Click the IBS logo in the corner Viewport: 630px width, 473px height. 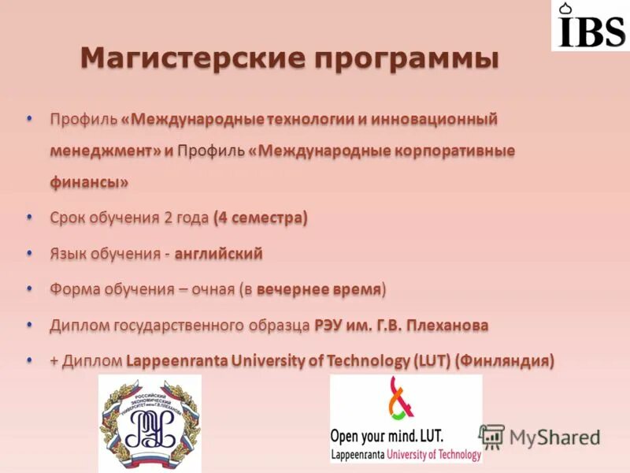590,26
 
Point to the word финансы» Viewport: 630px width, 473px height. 88,181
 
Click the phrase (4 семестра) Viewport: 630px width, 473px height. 260,218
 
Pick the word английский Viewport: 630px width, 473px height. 218,254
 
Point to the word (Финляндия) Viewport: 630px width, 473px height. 506,361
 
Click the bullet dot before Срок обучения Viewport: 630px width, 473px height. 30,216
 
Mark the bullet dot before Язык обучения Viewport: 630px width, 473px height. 30,252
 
